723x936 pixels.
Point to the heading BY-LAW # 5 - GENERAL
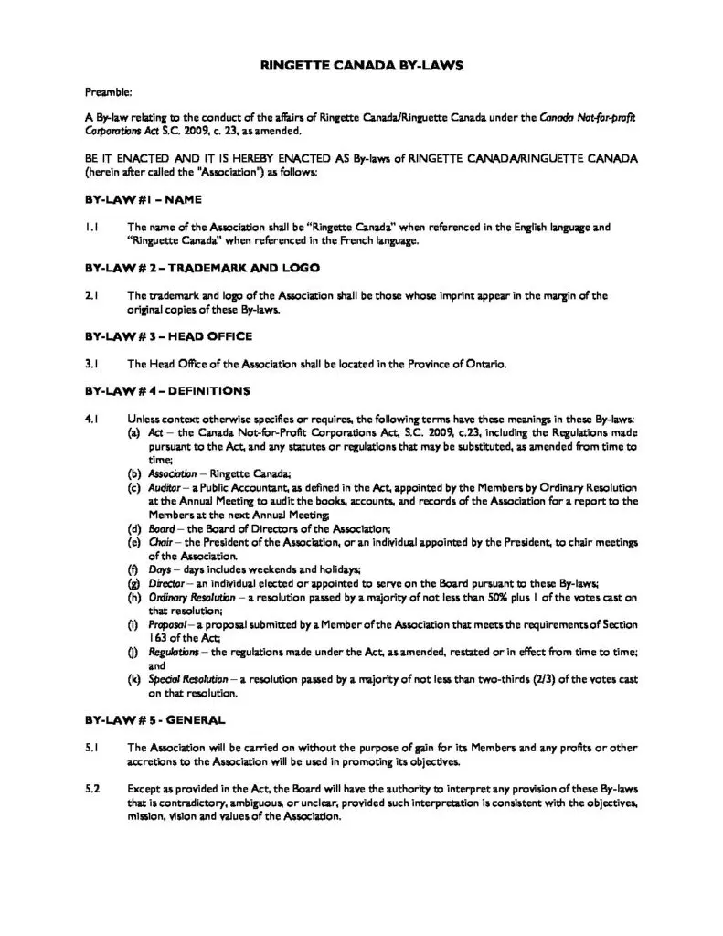150,719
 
